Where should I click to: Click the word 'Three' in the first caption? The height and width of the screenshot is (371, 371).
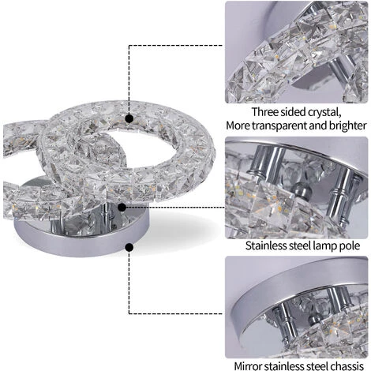point(265,112)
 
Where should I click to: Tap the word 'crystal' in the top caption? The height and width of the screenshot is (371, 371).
point(324,113)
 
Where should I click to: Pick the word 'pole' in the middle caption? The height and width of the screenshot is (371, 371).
point(350,246)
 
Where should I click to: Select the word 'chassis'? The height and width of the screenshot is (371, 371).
point(347,365)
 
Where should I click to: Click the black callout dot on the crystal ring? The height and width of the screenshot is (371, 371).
point(129,118)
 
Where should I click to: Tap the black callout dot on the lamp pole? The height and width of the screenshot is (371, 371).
point(122,208)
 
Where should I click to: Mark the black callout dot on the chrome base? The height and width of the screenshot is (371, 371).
point(129,247)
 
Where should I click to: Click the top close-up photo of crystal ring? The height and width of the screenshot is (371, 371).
point(296,52)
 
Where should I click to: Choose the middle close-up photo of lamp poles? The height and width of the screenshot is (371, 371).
point(296,188)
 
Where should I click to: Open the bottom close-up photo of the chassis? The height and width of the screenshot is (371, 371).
point(296,307)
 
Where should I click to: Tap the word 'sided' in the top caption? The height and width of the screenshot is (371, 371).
point(293,112)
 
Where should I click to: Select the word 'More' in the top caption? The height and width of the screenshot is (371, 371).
point(238,126)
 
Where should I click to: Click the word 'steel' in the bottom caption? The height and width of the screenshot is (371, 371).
point(317,365)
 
